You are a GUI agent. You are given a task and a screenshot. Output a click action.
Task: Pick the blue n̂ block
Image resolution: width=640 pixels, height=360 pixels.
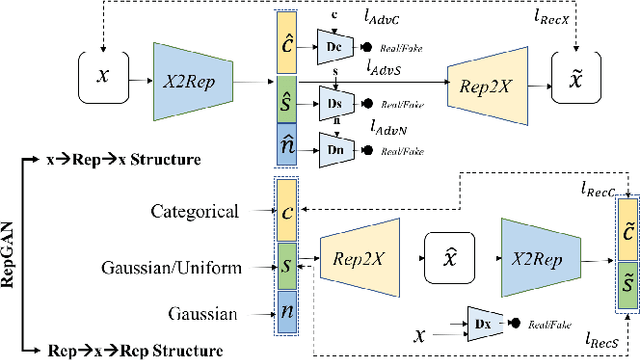tap(286, 146)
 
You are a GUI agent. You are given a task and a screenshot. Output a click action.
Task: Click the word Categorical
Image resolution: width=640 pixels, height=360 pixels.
tap(196, 211)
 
